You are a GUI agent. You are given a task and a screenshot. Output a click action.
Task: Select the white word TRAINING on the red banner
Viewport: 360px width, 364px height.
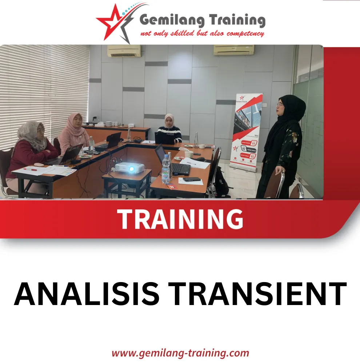(x=180, y=219)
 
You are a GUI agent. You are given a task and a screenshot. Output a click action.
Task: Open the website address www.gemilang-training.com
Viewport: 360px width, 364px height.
(x=180, y=353)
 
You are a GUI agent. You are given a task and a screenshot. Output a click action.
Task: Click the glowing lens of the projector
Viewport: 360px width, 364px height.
(x=131, y=169)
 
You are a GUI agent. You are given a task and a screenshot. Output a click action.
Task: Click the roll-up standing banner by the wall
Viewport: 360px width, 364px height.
(x=248, y=131)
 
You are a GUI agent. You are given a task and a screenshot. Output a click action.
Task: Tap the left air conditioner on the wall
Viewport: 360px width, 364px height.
(x=124, y=51)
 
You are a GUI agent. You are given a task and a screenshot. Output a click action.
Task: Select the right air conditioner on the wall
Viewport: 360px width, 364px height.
(x=233, y=50)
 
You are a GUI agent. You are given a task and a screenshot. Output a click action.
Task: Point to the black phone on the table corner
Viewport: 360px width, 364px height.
(x=192, y=179)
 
